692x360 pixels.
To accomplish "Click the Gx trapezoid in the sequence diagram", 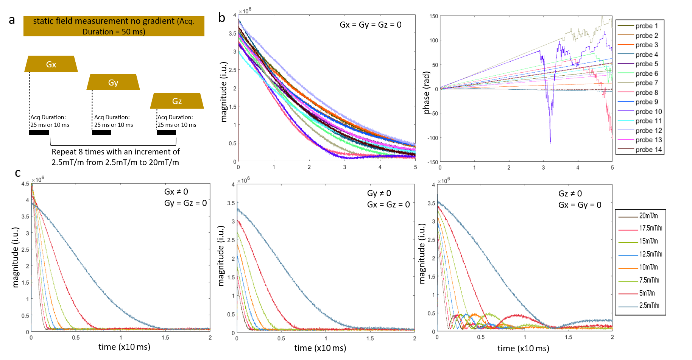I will pyautogui.click(x=51, y=64).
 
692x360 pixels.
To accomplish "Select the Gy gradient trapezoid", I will pyautogui.click(x=113, y=82).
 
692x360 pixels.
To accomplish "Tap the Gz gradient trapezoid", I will pyautogui.click(x=177, y=101).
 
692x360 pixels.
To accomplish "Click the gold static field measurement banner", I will pyautogui.click(x=114, y=26).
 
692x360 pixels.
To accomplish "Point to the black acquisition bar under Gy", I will pyautogui.click(x=101, y=132).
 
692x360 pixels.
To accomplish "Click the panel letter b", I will pyautogui.click(x=221, y=18).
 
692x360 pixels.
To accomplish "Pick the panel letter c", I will pyautogui.click(x=18, y=173).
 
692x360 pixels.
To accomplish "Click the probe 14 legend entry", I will pyautogui.click(x=648, y=150).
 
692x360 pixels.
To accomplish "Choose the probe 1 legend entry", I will pyautogui.click(x=647, y=26).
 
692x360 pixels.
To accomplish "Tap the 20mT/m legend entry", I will pyautogui.click(x=648, y=216).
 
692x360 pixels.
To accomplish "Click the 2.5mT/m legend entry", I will pyautogui.click(x=649, y=305).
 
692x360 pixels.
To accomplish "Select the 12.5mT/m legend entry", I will pyautogui.click(x=650, y=254).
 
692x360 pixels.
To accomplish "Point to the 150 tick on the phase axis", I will pyautogui.click(x=433, y=16).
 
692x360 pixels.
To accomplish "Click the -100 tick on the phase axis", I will pyautogui.click(x=433, y=138).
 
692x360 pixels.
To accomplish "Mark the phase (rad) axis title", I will pyautogui.click(x=427, y=93).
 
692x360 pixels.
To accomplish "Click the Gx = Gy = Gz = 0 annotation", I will pyautogui.click(x=370, y=25).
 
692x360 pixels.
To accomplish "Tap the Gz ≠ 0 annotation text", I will pyautogui.click(x=570, y=194).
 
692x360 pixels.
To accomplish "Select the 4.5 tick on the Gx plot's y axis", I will pyautogui.click(x=25, y=184).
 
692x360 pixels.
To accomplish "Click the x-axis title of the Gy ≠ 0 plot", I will pyautogui.click(x=320, y=348).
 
